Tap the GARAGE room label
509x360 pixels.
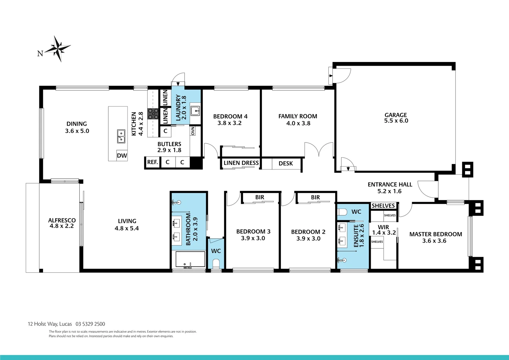pos(396,115)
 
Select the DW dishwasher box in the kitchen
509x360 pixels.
pos(122,156)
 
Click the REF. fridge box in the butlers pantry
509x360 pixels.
pos(152,162)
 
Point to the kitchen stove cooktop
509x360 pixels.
pos(153,114)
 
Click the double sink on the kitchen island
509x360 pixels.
pos(121,136)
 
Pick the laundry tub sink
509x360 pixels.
pos(195,110)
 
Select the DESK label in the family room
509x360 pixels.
pos(285,163)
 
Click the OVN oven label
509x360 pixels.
pos(193,131)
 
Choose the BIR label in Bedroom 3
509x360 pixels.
pos(259,197)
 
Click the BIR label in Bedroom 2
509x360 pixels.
pos(315,197)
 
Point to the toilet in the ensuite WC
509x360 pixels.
pos(343,212)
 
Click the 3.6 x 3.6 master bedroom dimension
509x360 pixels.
pos(434,241)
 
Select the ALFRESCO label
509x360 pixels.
pos(62,220)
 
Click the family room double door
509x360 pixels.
pos(319,149)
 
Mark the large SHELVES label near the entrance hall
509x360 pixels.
pos(383,206)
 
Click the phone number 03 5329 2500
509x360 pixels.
pos(90,324)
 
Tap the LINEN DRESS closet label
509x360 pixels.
pos(241,163)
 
